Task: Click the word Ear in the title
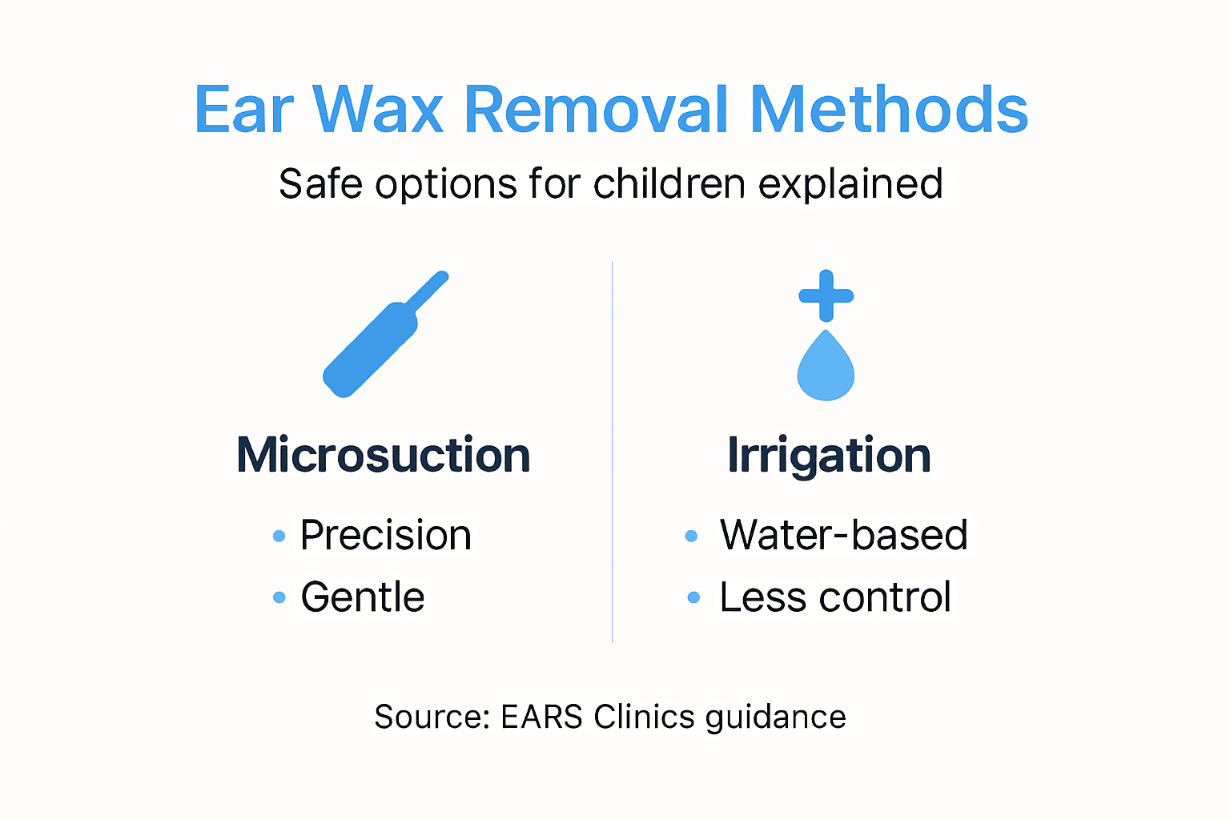point(244,110)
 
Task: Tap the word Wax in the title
point(377,110)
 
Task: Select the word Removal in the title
point(597,110)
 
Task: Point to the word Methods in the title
point(889,110)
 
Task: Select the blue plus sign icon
point(826,295)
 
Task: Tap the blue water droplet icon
point(826,368)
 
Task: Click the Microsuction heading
point(384,455)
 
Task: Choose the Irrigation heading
point(829,456)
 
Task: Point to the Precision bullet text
point(385,535)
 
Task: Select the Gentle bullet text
point(362,597)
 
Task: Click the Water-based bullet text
point(843,535)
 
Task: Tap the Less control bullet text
point(834,597)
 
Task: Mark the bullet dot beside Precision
point(279,536)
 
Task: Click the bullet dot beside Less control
point(693,597)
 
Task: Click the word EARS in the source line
point(541,717)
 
